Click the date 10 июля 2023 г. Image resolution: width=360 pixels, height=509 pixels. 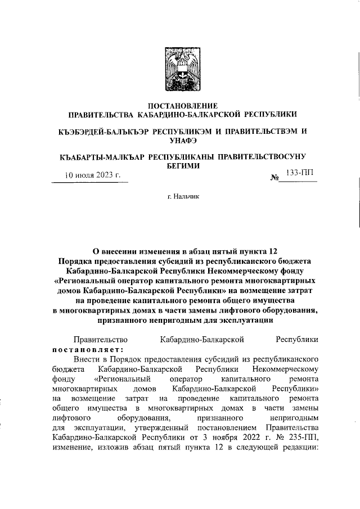pyautogui.click(x=93, y=175)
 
